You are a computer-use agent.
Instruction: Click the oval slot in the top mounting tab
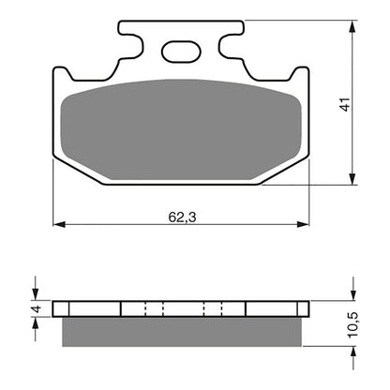(182, 52)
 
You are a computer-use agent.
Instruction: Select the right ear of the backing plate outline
(301, 79)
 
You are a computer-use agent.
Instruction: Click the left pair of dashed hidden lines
(153, 308)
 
